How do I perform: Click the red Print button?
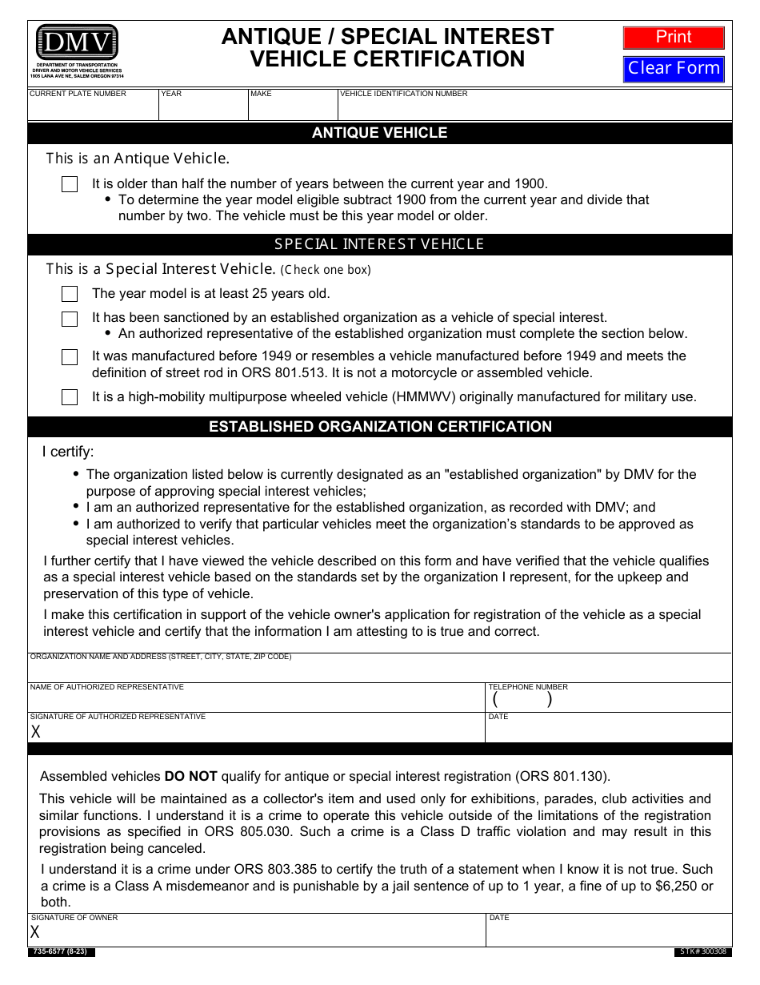pos(674,38)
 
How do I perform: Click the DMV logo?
pos(77,42)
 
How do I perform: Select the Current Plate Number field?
pos(93,109)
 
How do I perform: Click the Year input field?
pos(203,109)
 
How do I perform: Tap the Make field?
pos(293,109)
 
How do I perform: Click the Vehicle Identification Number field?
pos(534,109)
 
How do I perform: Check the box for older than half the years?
pos(70,184)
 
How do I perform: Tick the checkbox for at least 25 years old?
pos(70,294)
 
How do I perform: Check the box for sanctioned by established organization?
pos(70,319)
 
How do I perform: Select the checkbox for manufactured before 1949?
pos(70,357)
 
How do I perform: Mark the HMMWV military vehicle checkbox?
pos(70,397)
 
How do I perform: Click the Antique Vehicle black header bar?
pos(380,133)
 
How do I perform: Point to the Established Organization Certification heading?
pos(380,427)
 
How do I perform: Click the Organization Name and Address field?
pos(380,671)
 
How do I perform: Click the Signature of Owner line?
pos(256,933)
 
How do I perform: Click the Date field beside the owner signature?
pos(608,933)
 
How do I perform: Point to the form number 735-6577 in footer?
pos(62,952)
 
